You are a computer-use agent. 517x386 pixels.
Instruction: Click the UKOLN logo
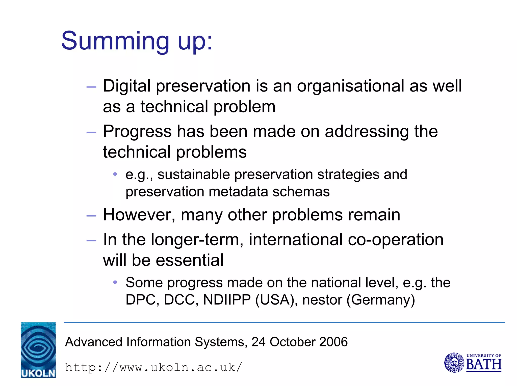pyautogui.click(x=38, y=350)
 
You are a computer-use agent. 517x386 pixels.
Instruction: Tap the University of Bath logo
pyautogui.click(x=473, y=363)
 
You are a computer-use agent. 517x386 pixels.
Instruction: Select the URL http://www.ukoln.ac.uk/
pyautogui.click(x=153, y=367)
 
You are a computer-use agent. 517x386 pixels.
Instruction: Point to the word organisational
pyautogui.click(x=350, y=86)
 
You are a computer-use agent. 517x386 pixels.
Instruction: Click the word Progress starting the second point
pyautogui.click(x=137, y=132)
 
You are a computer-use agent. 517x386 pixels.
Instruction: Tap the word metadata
pyautogui.click(x=238, y=192)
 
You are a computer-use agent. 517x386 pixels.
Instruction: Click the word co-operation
pyautogui.click(x=396, y=240)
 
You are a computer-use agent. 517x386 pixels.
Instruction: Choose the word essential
pyautogui.click(x=190, y=260)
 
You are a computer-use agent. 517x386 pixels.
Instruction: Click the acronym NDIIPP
pyautogui.click(x=227, y=300)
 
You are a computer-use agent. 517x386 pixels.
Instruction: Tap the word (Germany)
pyautogui.click(x=381, y=300)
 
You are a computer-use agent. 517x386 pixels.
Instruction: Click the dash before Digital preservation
pyautogui.click(x=91, y=87)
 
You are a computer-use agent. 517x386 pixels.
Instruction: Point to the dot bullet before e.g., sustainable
pyautogui.click(x=115, y=174)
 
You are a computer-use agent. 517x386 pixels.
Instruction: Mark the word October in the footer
pyautogui.click(x=292, y=342)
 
